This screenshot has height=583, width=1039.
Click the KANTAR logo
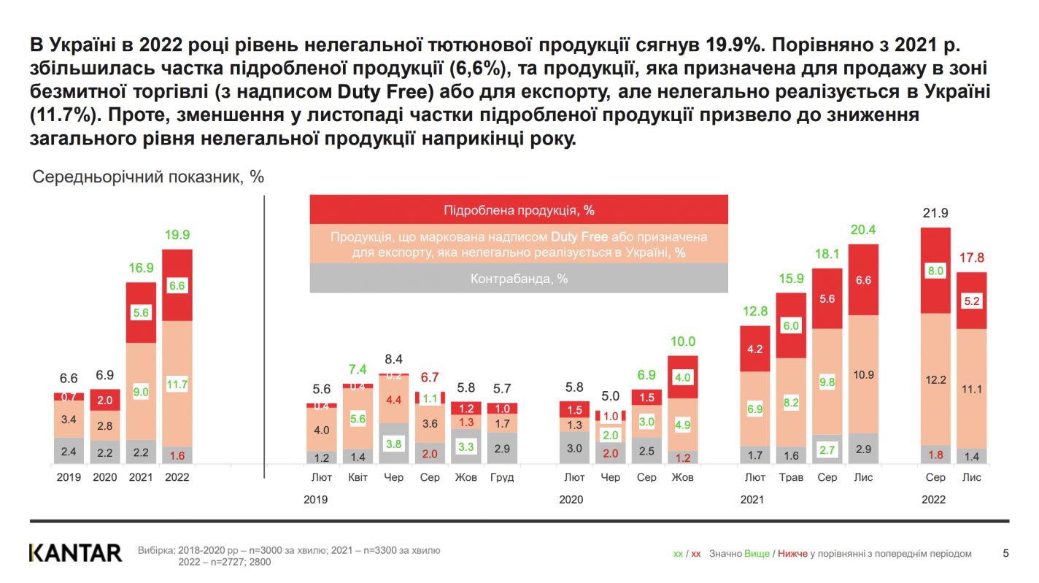[x=75, y=552]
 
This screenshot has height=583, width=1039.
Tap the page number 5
[x=1005, y=553]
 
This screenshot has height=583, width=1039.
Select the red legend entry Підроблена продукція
[x=519, y=210]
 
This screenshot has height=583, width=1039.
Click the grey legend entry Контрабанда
[x=519, y=279]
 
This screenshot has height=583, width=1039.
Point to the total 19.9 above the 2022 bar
[x=177, y=235]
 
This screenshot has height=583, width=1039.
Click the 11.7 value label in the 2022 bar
[x=177, y=384]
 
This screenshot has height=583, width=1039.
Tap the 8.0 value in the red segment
[x=935, y=271]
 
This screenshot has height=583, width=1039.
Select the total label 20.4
[x=863, y=230]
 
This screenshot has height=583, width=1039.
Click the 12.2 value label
[x=935, y=379]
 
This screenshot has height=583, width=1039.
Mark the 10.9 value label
[x=863, y=374]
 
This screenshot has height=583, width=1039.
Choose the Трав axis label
[x=791, y=477]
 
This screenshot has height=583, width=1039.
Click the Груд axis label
[x=502, y=477]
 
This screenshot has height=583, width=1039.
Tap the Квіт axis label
[x=358, y=477]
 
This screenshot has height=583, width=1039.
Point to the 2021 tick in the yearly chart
[x=141, y=477]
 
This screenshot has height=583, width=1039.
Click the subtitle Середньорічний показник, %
[x=148, y=177]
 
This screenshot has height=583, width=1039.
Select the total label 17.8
[x=971, y=258]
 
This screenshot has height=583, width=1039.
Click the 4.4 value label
[x=393, y=399]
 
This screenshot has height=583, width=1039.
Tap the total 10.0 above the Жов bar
[x=683, y=341]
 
